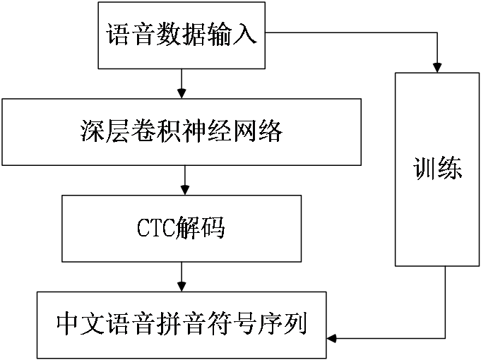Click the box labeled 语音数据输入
[182, 35]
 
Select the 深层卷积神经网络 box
[182, 132]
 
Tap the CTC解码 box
[182, 229]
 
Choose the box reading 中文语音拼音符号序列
[182, 325]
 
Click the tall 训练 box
[437, 169]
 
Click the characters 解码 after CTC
[204, 229]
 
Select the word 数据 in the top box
[182, 35]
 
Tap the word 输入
[232, 35]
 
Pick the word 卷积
[157, 132]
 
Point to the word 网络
[258, 132]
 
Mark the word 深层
[106, 132]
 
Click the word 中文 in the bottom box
[81, 325]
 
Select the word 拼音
[182, 325]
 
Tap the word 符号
[232, 325]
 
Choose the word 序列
[282, 325]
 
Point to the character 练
[450, 169]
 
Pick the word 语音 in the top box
[131, 35]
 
